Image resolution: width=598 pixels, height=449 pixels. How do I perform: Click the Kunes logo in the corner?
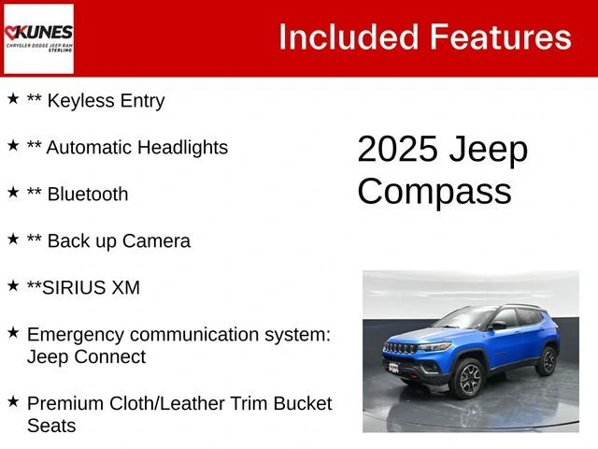38,38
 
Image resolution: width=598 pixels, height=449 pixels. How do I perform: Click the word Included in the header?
347,37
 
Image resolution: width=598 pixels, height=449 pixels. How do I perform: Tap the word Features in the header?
500,37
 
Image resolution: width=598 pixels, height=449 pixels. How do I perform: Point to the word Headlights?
184,148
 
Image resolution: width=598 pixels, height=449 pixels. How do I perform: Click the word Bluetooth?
88,195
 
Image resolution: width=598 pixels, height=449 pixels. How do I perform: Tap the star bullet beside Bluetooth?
13,192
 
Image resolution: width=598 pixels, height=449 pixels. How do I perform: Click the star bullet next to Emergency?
13,332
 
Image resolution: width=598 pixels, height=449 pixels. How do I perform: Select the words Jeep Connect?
86,357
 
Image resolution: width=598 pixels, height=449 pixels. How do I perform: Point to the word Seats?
51,427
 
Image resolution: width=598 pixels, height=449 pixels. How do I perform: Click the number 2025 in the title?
398,150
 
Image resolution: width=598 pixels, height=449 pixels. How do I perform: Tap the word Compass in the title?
434,191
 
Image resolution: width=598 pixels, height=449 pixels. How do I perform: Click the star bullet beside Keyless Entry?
13,98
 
